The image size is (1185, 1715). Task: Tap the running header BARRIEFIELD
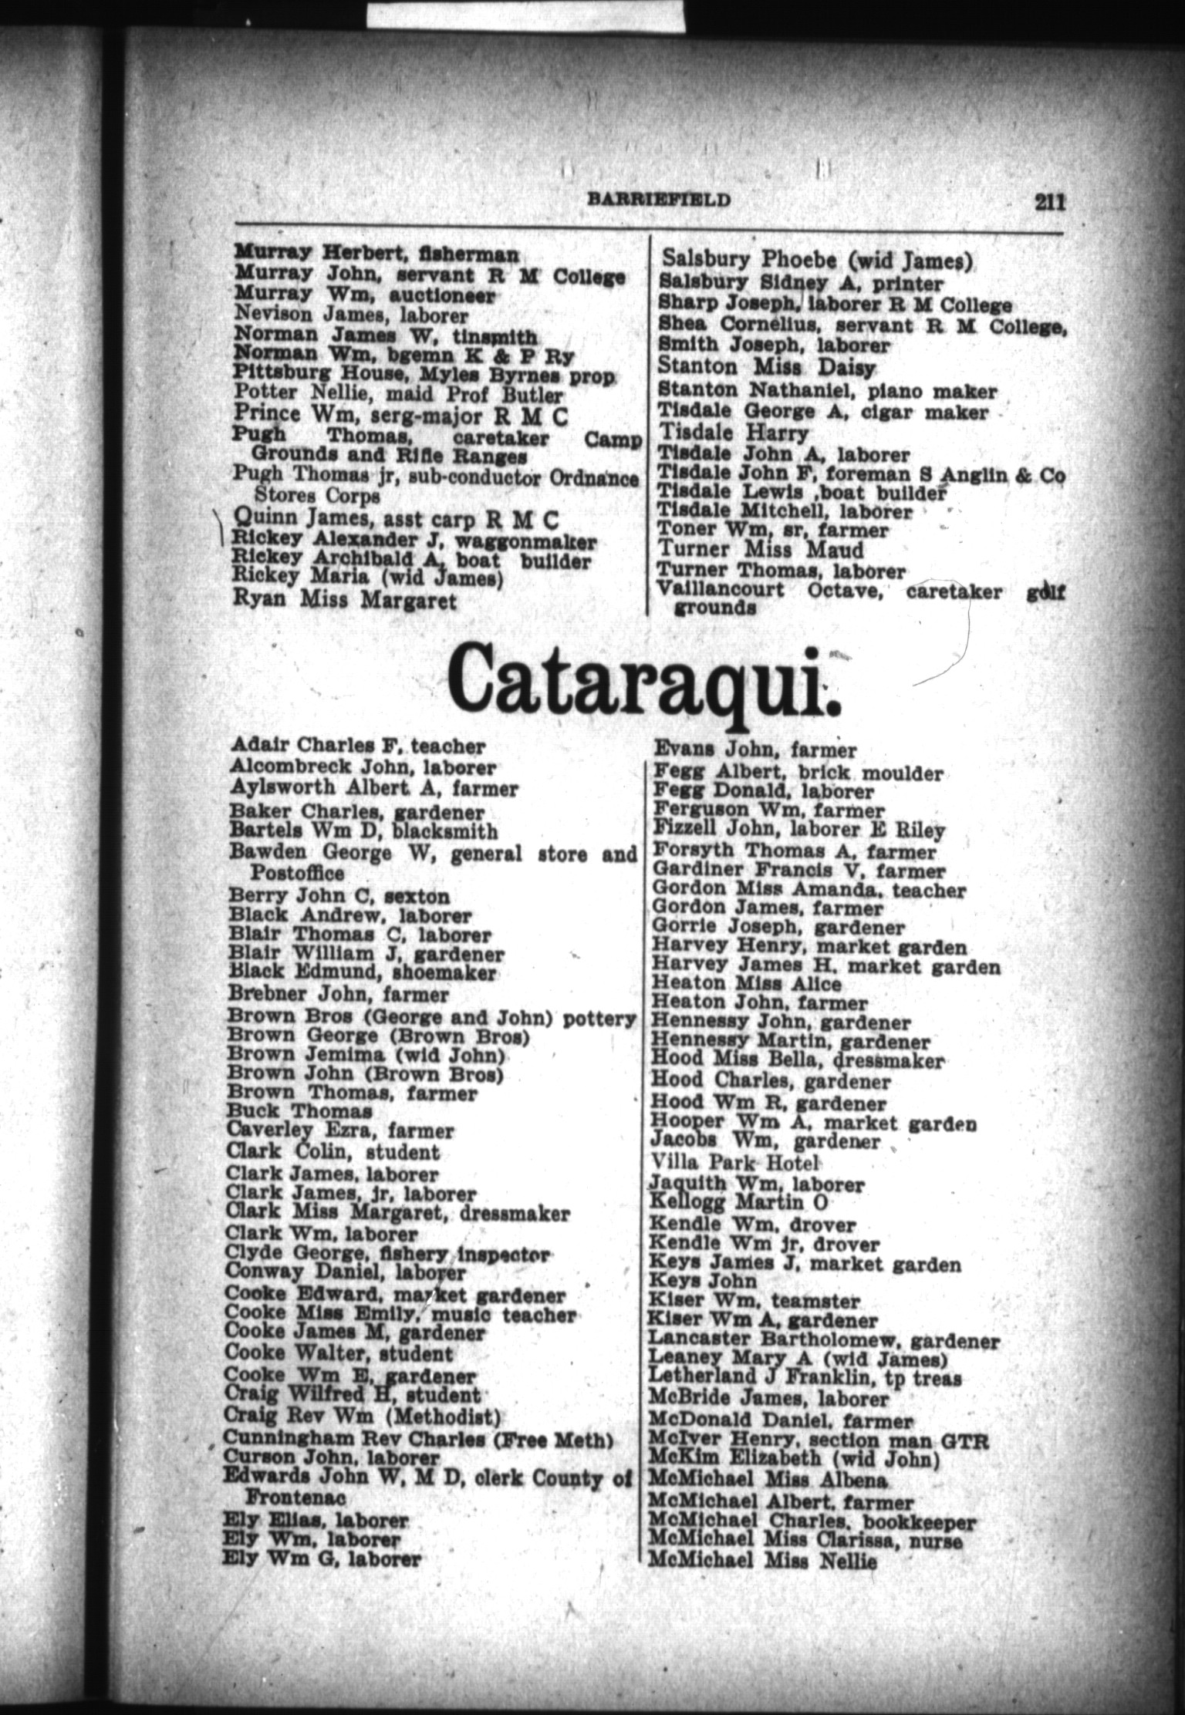[x=659, y=199]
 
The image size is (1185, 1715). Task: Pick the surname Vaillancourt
[x=719, y=591]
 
